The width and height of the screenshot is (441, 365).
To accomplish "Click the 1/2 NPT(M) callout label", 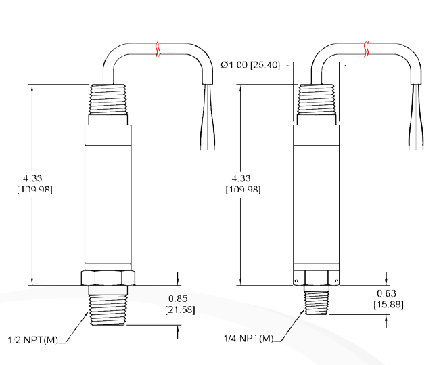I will pyautogui.click(x=33, y=339).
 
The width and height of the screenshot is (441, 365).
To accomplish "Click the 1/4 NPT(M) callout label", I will pyautogui.click(x=249, y=339).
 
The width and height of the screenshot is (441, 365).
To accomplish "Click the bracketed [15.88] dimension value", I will pyautogui.click(x=388, y=304).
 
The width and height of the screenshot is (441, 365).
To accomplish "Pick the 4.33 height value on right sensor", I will pyautogui.click(x=242, y=177).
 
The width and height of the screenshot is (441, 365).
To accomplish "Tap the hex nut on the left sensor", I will pyautogui.click(x=108, y=278).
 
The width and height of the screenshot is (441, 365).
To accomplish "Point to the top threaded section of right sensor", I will pyautogui.click(x=317, y=100).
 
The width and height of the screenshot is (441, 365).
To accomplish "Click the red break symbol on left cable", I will pyautogui.click(x=158, y=49).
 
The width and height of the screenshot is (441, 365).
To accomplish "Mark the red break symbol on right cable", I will pyautogui.click(x=367, y=49).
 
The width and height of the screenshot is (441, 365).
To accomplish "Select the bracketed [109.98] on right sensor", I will pyautogui.click(x=242, y=189).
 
